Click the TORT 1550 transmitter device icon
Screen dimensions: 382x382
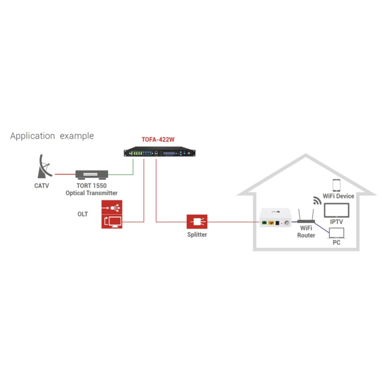pos(92,175)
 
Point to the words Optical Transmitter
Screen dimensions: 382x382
pos(92,193)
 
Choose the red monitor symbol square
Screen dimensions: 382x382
pos(112,221)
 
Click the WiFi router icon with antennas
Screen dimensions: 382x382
pos(306,217)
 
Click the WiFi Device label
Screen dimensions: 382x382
pos(338,196)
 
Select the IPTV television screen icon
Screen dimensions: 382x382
pos(337,211)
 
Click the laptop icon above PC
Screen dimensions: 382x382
pos(337,233)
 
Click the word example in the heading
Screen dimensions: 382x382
pos(76,136)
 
